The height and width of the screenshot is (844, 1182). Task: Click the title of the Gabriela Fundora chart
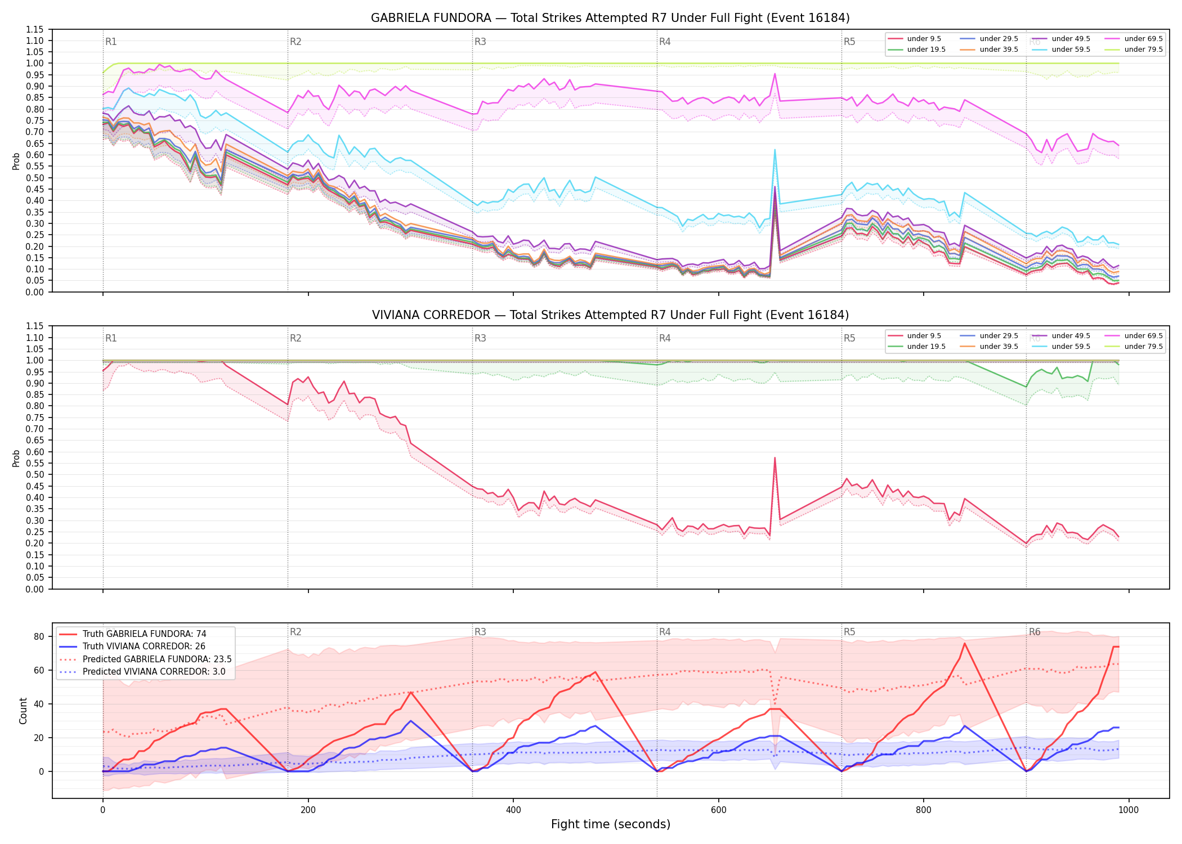(610, 18)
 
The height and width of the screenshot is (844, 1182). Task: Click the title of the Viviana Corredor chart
(610, 315)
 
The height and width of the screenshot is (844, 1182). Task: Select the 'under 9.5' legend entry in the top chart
(915, 39)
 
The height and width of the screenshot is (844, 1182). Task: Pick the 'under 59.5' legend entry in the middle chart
(1061, 347)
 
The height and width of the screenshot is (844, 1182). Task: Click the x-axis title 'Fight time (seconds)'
(611, 824)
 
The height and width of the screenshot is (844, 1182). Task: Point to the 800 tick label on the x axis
(924, 810)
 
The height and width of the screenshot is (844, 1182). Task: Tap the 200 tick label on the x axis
(308, 810)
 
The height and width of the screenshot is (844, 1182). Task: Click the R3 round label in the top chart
(480, 42)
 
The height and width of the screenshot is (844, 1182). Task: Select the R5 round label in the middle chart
(849, 338)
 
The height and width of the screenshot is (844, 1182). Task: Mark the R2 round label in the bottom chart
(295, 632)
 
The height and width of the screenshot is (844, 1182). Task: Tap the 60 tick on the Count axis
(39, 670)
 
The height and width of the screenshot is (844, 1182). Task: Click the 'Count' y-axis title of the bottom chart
(23, 711)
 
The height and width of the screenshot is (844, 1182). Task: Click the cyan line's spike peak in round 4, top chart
(775, 150)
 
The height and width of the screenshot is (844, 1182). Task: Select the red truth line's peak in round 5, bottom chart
(965, 643)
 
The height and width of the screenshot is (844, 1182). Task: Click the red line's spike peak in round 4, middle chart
(774, 457)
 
